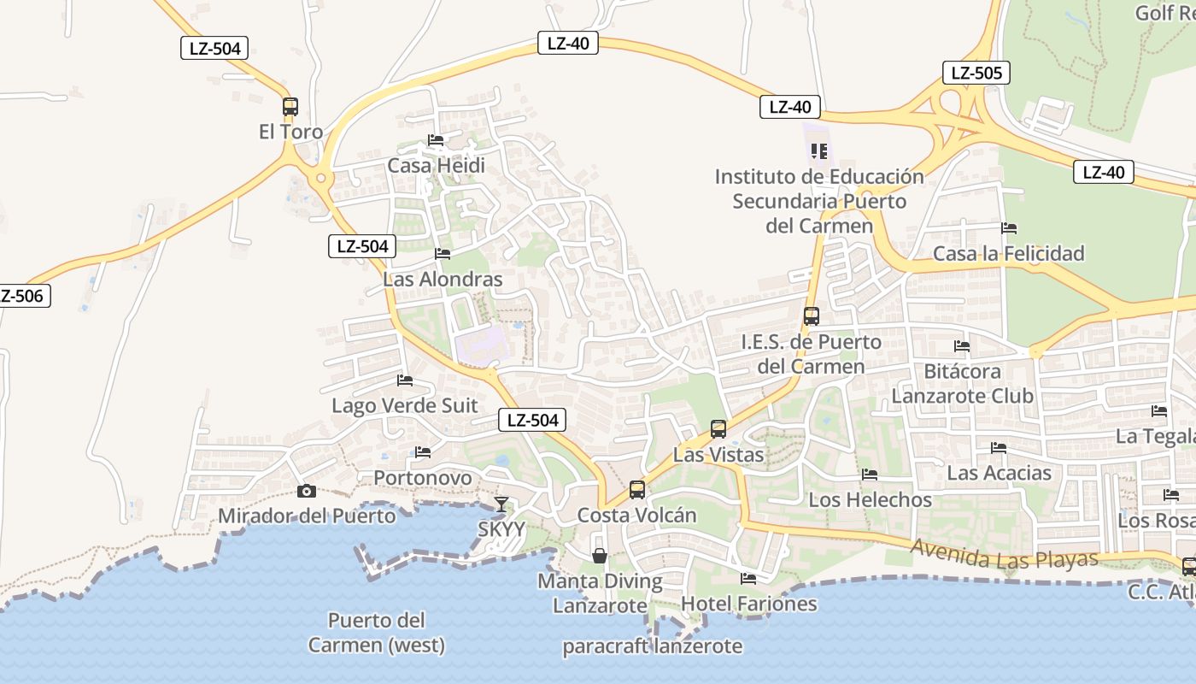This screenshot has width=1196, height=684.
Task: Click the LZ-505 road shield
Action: pos(976,73)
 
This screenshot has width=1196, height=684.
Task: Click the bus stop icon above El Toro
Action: pos(290,107)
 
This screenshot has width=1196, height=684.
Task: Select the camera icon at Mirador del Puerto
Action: pos(306,491)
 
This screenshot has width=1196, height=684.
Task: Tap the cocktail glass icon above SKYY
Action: pos(501,504)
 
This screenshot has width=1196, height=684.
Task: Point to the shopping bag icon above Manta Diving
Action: pos(600,556)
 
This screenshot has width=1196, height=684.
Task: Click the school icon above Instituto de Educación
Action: pos(819,151)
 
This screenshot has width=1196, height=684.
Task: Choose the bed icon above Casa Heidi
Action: pos(436,140)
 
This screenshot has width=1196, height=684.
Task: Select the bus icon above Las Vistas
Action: pos(718,429)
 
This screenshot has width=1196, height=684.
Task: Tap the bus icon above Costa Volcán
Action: pos(637,490)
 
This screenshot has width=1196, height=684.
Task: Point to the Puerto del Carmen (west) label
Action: pos(377,633)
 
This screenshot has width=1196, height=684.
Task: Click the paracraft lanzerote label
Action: pos(652,646)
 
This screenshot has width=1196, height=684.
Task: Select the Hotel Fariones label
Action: pos(748,604)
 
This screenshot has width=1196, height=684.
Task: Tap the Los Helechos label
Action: pos(870,499)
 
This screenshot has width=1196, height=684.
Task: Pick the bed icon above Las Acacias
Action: pos(998,448)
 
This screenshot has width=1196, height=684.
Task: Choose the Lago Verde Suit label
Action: pos(405,405)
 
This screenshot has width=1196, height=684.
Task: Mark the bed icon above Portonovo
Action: pos(422,452)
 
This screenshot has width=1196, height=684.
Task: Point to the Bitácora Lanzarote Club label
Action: pos(962,384)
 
